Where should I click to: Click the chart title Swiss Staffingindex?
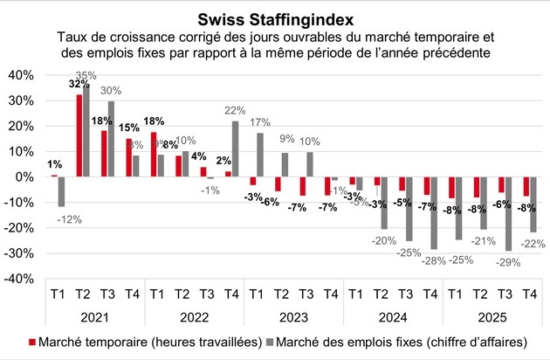click(276, 18)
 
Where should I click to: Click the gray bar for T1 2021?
click(61, 191)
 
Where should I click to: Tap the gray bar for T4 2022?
click(235, 149)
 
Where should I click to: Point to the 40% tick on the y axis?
click(22, 75)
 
